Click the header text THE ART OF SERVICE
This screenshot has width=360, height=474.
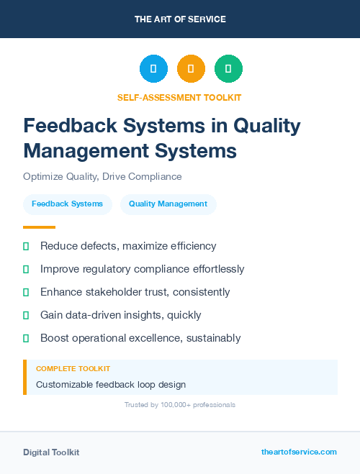180,19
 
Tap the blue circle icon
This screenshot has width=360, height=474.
153,68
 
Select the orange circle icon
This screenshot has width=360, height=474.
191,68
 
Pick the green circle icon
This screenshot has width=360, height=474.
228,68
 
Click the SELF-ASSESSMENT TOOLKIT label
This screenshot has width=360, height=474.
180,97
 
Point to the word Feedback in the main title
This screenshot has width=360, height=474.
66,126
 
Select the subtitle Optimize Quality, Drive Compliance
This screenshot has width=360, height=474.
102,176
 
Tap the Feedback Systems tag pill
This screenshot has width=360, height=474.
67,204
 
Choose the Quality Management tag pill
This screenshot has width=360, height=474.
168,204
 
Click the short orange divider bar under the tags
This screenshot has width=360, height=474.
35,227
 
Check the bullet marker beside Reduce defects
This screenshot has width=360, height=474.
26,247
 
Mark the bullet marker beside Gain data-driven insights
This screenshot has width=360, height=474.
26,315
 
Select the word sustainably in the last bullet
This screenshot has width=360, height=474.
210,338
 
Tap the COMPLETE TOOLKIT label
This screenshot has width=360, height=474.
73,368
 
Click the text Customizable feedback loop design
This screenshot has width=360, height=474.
111,384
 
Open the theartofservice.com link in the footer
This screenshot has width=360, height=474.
299,452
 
